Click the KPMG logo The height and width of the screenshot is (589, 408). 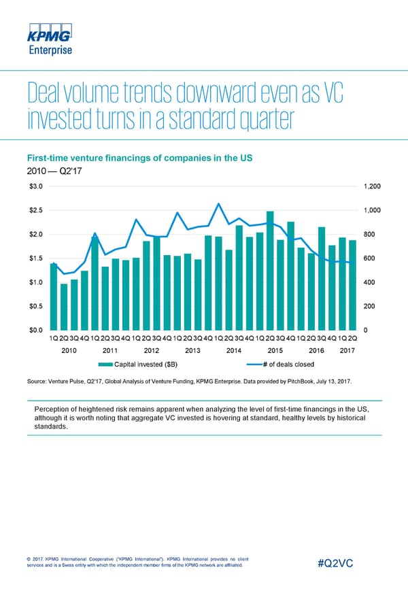50,32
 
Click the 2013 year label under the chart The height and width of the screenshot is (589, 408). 192,351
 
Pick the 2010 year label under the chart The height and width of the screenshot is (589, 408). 69,351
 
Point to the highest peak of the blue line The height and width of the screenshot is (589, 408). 218,203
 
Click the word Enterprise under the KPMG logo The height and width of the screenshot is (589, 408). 50,50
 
